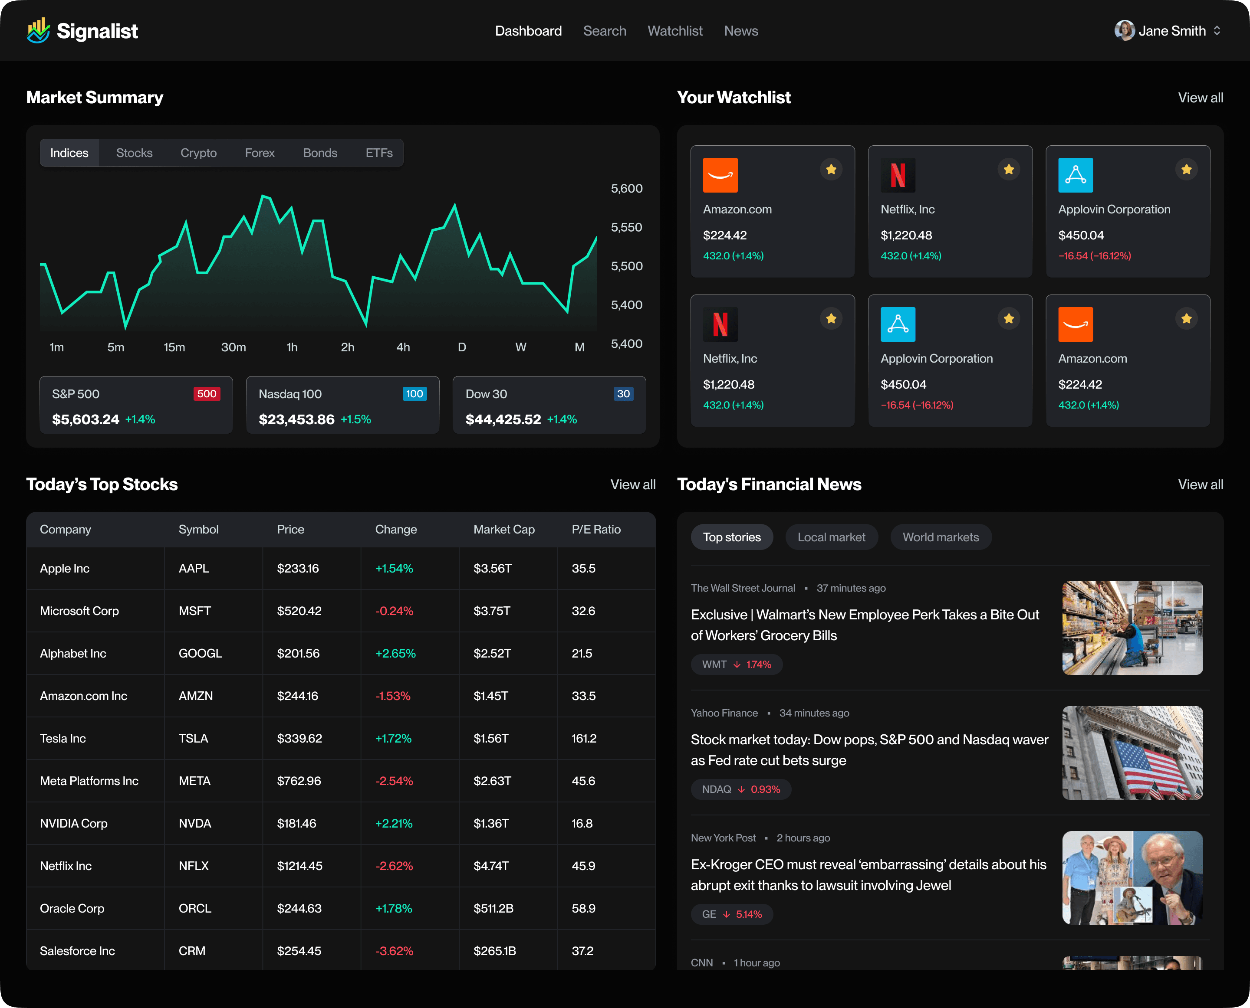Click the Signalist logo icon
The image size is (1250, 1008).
[38, 30]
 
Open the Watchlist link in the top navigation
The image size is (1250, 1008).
[674, 31]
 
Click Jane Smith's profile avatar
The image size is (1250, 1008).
[1124, 30]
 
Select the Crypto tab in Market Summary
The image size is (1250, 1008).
[198, 153]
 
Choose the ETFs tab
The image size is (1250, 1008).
[379, 153]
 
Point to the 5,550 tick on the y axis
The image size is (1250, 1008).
[626, 227]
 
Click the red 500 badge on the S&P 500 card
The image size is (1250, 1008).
[206, 394]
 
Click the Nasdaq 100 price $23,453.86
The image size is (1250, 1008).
[296, 419]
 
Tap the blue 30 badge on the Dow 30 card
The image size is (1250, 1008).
[623, 394]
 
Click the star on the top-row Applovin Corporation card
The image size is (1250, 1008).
[1186, 170]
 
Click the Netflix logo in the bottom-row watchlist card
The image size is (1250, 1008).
[720, 324]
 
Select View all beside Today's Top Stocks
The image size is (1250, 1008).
[632, 484]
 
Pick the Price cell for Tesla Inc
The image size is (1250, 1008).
[299, 738]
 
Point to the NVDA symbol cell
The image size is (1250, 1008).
[195, 823]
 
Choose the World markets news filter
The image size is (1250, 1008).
[940, 537]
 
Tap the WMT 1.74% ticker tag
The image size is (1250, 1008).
[736, 664]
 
